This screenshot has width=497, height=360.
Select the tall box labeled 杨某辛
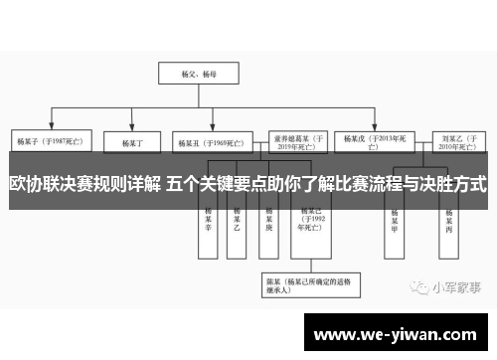pos(209,220)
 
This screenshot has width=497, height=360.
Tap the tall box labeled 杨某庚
pos(267,220)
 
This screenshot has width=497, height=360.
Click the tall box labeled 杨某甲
pos(395,220)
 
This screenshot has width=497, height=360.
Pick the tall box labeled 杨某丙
pos(450,220)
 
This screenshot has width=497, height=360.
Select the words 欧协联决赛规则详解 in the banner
pos(83,184)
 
